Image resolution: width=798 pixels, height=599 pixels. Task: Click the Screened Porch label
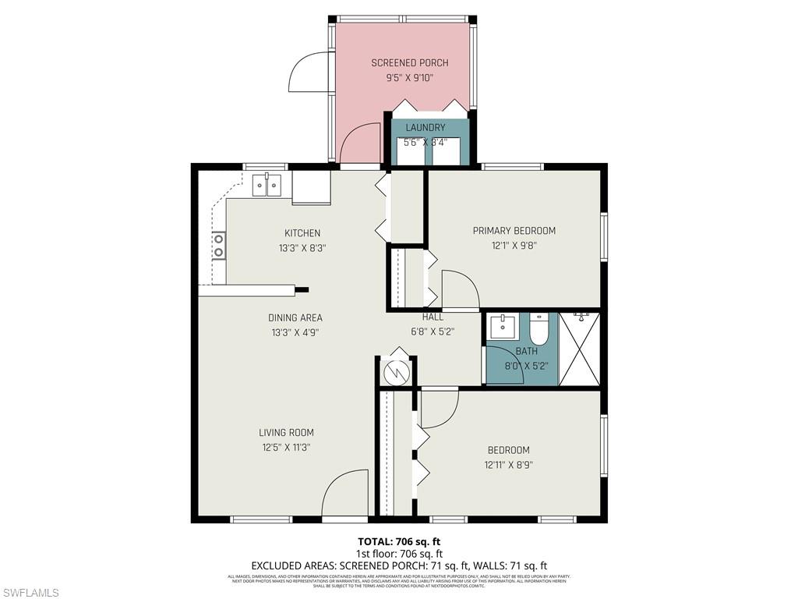tap(409, 62)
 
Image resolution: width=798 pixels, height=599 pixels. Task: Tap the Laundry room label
tap(425, 127)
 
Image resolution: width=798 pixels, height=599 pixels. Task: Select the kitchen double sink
tap(267, 186)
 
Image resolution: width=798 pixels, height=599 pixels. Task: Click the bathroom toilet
tap(539, 327)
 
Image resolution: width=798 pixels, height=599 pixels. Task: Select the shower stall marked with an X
tap(579, 349)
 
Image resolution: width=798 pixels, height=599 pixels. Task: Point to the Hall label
tap(433, 317)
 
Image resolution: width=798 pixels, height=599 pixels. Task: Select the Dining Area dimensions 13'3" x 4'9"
tap(295, 331)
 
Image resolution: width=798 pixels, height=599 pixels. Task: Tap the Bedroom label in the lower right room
tap(508, 450)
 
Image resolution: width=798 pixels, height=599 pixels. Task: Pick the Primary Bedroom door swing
tap(460, 290)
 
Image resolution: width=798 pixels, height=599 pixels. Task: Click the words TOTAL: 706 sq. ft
tap(398, 541)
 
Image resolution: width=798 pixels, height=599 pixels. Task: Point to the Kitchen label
tap(302, 233)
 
